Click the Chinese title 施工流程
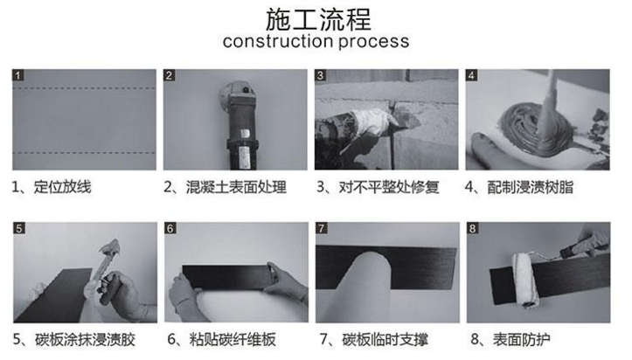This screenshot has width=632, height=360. coord(316,18)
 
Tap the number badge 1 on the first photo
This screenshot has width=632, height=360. coord(18,76)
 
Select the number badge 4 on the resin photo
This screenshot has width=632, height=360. coord(472,76)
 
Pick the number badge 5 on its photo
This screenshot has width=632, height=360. coord(18,229)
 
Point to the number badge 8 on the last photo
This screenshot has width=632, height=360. coord(472,229)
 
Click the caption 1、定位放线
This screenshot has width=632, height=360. coord(52,187)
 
